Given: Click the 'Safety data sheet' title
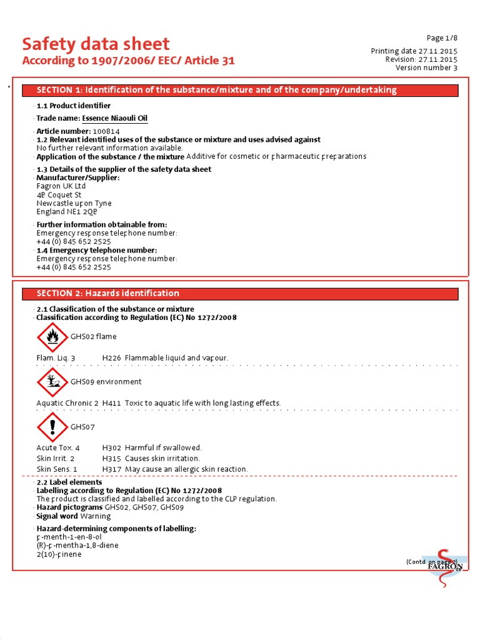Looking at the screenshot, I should click(96, 44).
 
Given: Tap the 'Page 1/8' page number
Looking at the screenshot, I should click(442, 38).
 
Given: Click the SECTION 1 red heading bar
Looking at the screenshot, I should click(241, 90).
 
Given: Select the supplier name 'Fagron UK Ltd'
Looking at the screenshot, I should click(61, 186).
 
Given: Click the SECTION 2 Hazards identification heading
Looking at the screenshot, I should click(241, 293).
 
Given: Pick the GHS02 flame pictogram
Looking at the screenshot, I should click(52, 337).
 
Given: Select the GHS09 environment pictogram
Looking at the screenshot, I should click(52, 382).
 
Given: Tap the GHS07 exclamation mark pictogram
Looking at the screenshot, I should click(52, 427).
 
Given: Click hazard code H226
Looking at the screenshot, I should click(111, 358).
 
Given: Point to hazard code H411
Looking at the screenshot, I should click(111, 403).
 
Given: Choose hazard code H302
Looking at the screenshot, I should click(111, 448).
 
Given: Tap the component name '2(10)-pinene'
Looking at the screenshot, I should click(59, 554).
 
